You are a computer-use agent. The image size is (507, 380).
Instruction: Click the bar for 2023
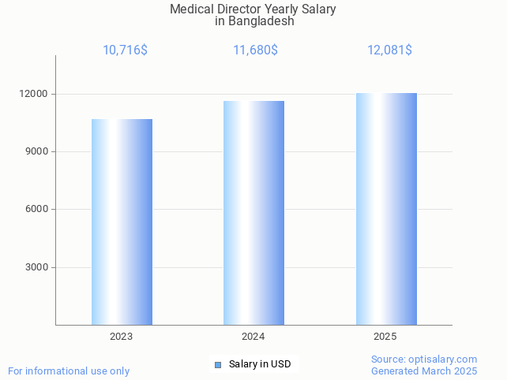(x=122, y=222)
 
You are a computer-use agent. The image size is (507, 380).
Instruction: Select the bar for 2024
(x=253, y=213)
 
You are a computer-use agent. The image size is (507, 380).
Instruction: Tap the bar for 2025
(x=386, y=209)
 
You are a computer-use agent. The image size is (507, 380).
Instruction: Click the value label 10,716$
(x=125, y=50)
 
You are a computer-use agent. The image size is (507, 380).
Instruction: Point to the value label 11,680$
(x=255, y=50)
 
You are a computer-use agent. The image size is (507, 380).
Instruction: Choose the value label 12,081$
(x=389, y=50)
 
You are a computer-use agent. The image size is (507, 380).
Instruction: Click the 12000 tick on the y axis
(x=34, y=94)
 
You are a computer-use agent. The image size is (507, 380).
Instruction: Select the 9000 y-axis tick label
(x=37, y=151)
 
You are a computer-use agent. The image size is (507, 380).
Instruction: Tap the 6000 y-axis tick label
(x=37, y=209)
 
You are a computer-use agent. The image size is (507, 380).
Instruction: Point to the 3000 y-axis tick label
(x=37, y=267)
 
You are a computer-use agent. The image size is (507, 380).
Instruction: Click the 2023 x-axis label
(x=122, y=337)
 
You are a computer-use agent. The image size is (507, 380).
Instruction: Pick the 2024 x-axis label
(x=253, y=337)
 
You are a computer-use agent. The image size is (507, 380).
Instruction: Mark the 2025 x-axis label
(x=385, y=337)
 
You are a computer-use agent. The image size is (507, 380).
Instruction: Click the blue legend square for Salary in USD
(x=218, y=364)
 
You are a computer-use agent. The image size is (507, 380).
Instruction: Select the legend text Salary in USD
(x=260, y=364)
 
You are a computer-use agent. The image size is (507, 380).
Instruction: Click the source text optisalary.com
(x=442, y=360)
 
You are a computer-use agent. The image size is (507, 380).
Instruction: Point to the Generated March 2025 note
(x=424, y=371)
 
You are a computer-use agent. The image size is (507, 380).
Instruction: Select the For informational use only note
(x=69, y=371)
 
